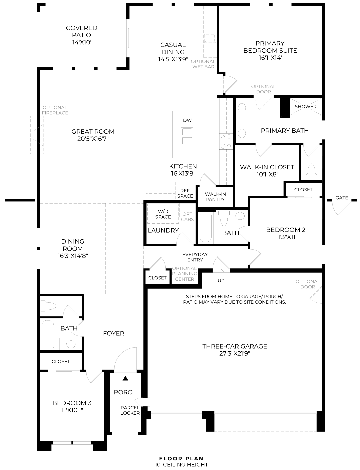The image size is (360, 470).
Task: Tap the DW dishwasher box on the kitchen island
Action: coord(187,120)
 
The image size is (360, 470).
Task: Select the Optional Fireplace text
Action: coord(55,110)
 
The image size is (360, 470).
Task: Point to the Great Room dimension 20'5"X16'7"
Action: coord(93,139)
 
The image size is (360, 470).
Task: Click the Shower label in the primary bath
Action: coord(306,107)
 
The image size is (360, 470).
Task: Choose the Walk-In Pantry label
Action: coord(215,197)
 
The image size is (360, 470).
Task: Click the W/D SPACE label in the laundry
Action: coord(163,214)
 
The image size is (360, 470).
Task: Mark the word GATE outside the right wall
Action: coord(342,198)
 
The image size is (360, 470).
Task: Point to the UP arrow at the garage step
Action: coord(221,272)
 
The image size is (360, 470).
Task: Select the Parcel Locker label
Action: coord(130,410)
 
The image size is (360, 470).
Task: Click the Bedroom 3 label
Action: coord(72,403)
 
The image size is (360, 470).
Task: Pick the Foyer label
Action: coord(114,333)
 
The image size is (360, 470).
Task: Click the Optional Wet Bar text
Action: coord(203,64)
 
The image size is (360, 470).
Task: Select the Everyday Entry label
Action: coord(195,257)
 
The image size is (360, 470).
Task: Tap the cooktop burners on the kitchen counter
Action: coord(226,141)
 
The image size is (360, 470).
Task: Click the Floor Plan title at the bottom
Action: coord(181,459)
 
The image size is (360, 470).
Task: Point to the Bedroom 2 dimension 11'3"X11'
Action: coord(286,237)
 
